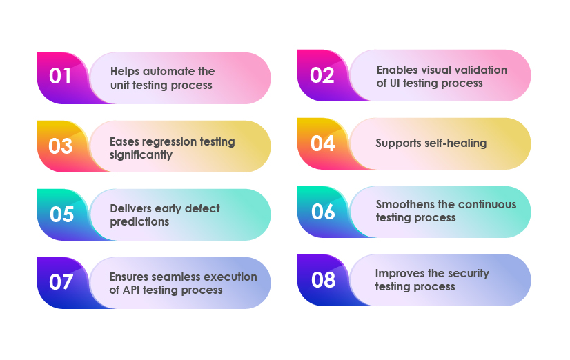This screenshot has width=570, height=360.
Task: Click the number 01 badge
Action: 60,77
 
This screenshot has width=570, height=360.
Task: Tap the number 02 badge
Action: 322,76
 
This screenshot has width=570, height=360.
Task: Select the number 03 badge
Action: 61,146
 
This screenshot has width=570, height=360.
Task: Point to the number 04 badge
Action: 322,143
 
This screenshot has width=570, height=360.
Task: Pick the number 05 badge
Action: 62,214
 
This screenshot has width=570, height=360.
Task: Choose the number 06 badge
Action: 323,212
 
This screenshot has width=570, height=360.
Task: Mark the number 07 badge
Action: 61,282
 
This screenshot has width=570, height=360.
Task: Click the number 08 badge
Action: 323,280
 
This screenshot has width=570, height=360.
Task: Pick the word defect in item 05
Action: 202,208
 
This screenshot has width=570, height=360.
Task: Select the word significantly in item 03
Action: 141,155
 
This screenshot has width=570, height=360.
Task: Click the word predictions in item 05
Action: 139,222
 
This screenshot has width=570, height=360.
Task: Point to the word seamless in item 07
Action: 177,277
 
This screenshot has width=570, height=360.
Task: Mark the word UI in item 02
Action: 395,83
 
